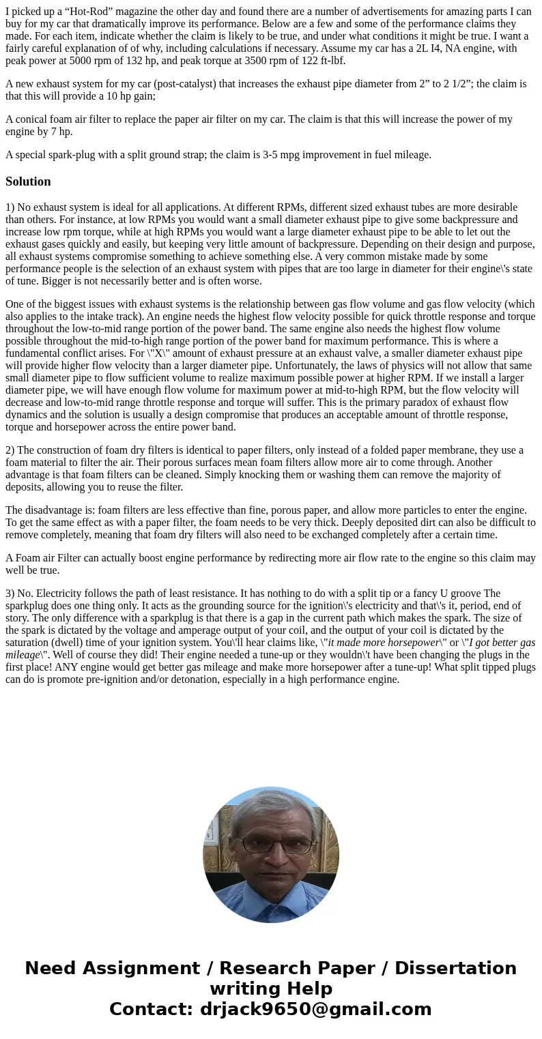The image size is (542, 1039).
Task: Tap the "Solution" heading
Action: [28, 181]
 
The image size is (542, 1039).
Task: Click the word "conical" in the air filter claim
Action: [33, 119]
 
